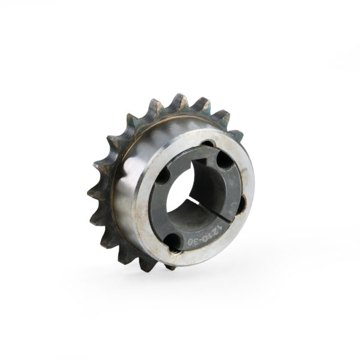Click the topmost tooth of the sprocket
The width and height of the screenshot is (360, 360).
coord(181,99)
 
